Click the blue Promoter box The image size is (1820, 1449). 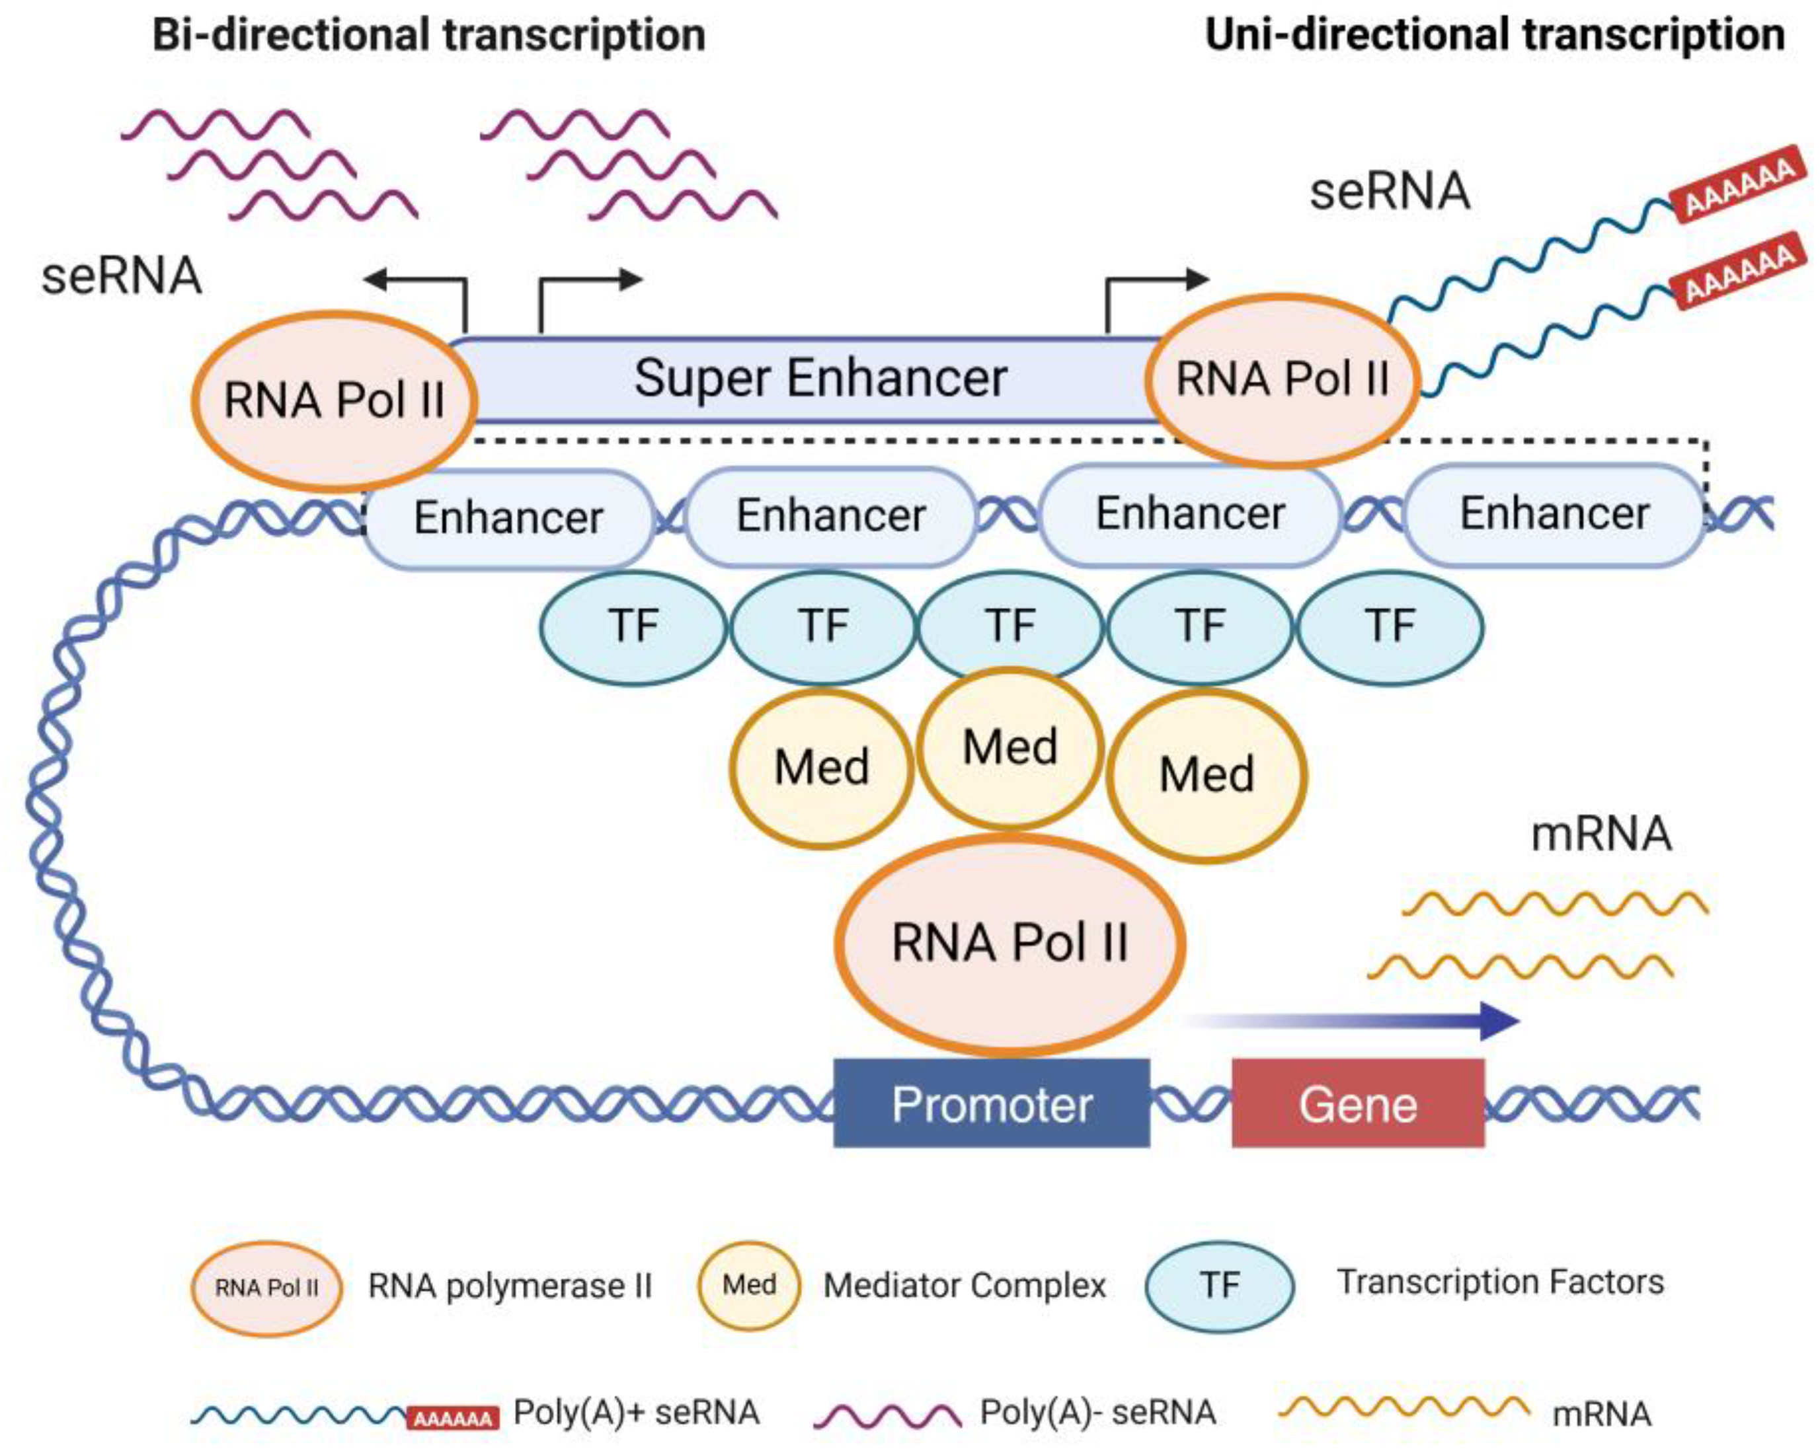tap(991, 1103)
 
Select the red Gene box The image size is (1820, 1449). tap(1357, 1103)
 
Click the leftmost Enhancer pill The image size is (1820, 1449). tap(508, 517)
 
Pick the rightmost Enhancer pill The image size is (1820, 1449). tap(1554, 513)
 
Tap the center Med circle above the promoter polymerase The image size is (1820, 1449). tap(1009, 747)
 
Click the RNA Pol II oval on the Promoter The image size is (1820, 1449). tap(1009, 943)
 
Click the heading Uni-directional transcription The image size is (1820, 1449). tap(1494, 36)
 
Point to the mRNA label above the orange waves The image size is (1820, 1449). tap(1601, 834)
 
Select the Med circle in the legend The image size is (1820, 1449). tap(749, 1286)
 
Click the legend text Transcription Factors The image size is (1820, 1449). tap(1500, 1282)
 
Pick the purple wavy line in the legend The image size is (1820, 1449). tap(887, 1415)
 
